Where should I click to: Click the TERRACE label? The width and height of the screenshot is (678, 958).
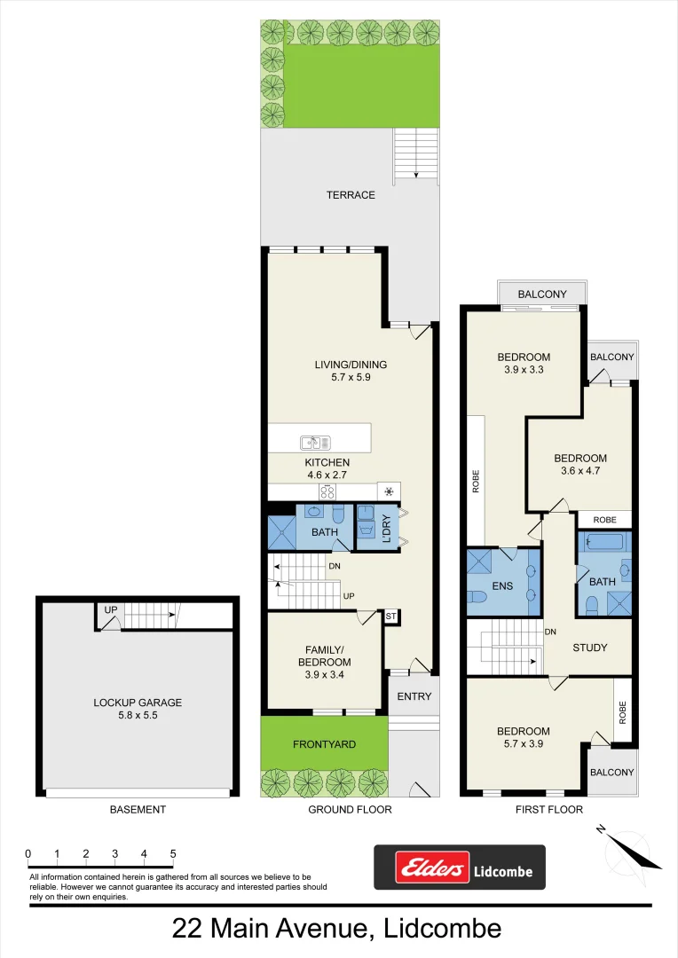(x=351, y=195)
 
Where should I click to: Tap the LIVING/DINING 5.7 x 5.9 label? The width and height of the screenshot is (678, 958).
(x=351, y=371)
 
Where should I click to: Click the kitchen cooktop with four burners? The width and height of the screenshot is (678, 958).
(x=327, y=491)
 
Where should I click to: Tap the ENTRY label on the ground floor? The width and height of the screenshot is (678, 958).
(x=414, y=696)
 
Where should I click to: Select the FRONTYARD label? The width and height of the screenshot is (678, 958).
(x=324, y=744)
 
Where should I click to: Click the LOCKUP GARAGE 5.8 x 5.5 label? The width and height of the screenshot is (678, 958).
(x=138, y=709)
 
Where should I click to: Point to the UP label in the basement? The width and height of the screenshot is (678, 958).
(x=110, y=610)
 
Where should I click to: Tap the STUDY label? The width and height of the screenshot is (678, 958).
(x=589, y=648)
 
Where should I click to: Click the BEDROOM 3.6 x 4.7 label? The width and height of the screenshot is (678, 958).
(x=580, y=464)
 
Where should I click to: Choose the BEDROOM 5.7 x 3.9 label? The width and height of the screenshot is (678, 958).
(x=524, y=737)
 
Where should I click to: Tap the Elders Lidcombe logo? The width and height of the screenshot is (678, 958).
(x=459, y=868)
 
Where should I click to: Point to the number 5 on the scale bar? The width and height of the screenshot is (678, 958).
(x=173, y=854)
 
